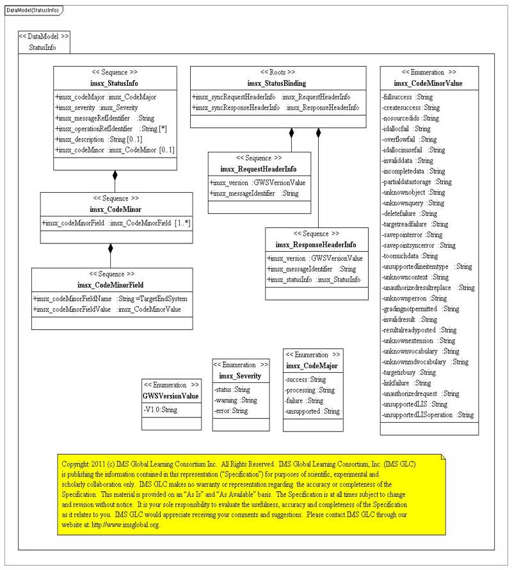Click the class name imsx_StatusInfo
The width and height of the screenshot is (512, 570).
tap(115, 83)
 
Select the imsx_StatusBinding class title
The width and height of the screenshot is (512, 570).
tap(276, 83)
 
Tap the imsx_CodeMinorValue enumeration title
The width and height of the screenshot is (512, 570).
tap(428, 83)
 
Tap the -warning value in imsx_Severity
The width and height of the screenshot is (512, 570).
tap(235, 400)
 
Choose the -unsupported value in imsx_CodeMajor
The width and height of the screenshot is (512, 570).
tap(312, 411)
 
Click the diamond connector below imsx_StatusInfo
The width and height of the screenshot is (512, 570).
tap(115, 174)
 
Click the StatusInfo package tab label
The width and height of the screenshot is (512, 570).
tap(43, 47)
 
